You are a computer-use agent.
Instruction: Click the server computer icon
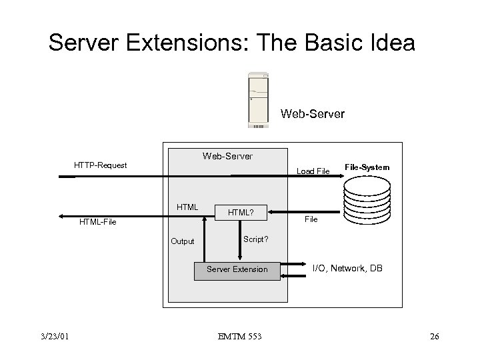point(259,99)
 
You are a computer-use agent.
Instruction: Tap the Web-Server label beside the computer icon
point(313,114)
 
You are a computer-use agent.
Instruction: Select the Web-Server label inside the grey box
point(227,156)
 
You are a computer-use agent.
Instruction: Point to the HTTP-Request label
point(100,165)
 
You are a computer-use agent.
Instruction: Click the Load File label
point(313,171)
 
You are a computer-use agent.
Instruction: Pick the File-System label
point(367,167)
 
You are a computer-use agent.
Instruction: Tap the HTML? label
point(241,213)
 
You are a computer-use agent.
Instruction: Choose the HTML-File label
point(97,221)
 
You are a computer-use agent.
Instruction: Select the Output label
point(182,241)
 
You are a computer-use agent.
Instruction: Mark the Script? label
point(256,238)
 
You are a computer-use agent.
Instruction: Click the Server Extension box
point(237,269)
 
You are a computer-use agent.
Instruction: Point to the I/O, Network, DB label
point(347,267)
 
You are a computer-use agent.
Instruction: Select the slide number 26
point(434,336)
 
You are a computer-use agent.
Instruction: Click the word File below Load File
point(311,219)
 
